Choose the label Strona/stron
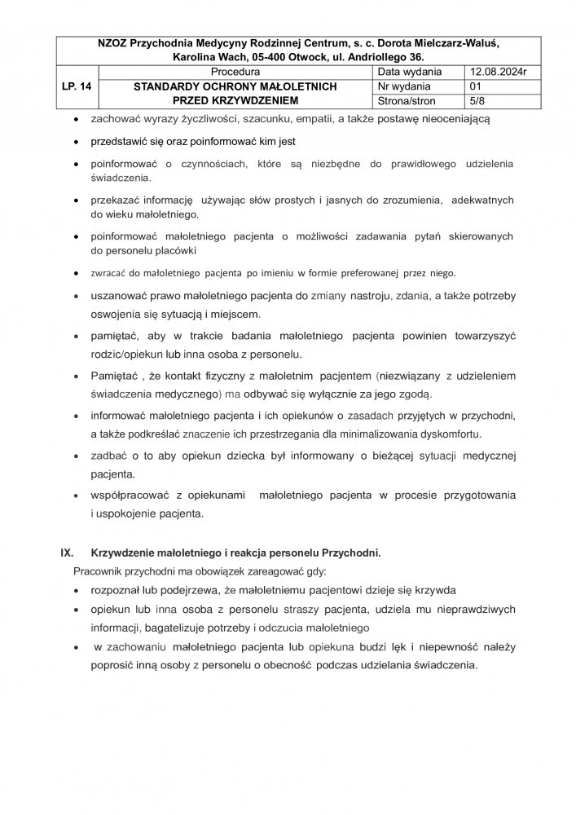click(407, 101)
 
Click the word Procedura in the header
click(234, 72)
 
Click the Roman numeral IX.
click(68, 553)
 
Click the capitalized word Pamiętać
click(117, 375)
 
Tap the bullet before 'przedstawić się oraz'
click(77, 141)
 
